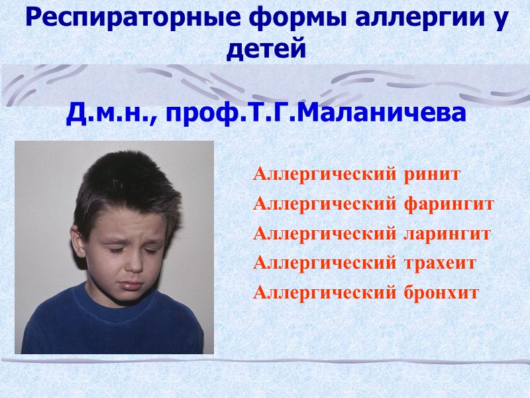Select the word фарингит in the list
[449, 204]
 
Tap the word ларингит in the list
[447, 233]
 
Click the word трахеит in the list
[440, 263]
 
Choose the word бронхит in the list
[441, 292]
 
